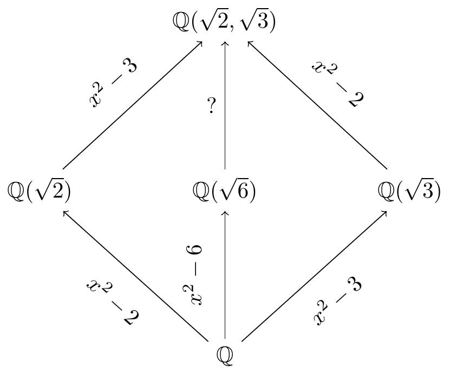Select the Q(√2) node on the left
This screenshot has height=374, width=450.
point(40,191)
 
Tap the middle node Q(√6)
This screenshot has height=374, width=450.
point(224,191)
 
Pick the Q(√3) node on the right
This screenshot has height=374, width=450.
point(409,191)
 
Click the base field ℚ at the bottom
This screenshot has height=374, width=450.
point(225,355)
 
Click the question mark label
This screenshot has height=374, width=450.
point(212,106)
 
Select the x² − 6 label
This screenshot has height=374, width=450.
point(193,275)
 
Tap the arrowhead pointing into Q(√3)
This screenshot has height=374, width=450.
point(385,212)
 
